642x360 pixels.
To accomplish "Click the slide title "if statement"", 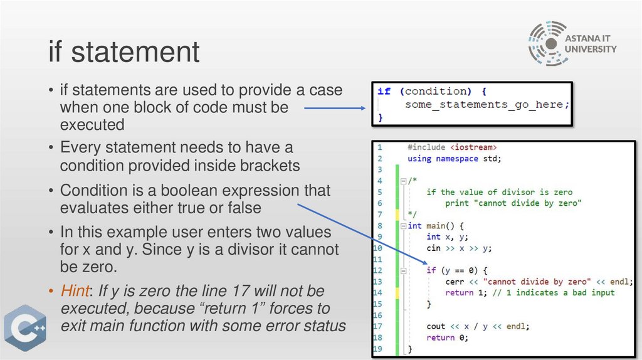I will (124, 51).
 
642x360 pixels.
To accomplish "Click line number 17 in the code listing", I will (377, 326).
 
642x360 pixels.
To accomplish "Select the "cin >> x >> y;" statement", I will (459, 248).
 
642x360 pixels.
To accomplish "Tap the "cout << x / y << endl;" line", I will (478, 326).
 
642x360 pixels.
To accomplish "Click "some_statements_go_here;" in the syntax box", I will (487, 105).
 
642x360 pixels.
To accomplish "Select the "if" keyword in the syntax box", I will (384, 92).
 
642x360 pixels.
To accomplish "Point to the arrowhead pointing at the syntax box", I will (362, 108).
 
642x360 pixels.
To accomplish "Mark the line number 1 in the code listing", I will (379, 147).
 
